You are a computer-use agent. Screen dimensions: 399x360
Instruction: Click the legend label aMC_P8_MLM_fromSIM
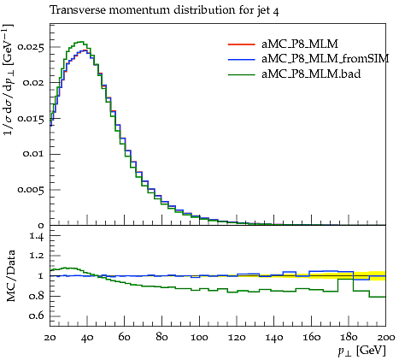(326, 59)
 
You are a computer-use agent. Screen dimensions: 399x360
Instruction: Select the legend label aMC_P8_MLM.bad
(311, 74)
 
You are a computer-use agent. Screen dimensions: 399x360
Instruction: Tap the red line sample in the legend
(241, 44)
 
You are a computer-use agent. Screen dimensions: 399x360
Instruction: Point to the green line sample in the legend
(241, 74)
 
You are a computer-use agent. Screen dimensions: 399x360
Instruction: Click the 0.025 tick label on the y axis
(31, 47)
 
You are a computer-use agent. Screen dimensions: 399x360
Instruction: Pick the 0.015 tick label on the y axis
(31, 118)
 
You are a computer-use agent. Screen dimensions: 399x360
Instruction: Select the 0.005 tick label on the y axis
(31, 190)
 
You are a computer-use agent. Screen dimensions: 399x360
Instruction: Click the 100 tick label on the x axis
(199, 338)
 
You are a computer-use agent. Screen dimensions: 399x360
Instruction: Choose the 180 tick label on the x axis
(349, 338)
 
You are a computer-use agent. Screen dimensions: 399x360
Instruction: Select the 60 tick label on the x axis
(125, 338)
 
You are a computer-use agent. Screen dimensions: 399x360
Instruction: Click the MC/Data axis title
(10, 276)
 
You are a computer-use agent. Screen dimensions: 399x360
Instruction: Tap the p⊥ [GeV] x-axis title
(361, 351)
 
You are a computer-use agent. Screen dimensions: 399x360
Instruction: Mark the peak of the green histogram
(80, 42)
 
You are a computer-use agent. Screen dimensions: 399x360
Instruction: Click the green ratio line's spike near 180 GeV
(345, 279)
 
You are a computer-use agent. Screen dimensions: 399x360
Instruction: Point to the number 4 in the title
(276, 11)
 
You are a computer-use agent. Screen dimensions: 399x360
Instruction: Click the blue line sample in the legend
(241, 59)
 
